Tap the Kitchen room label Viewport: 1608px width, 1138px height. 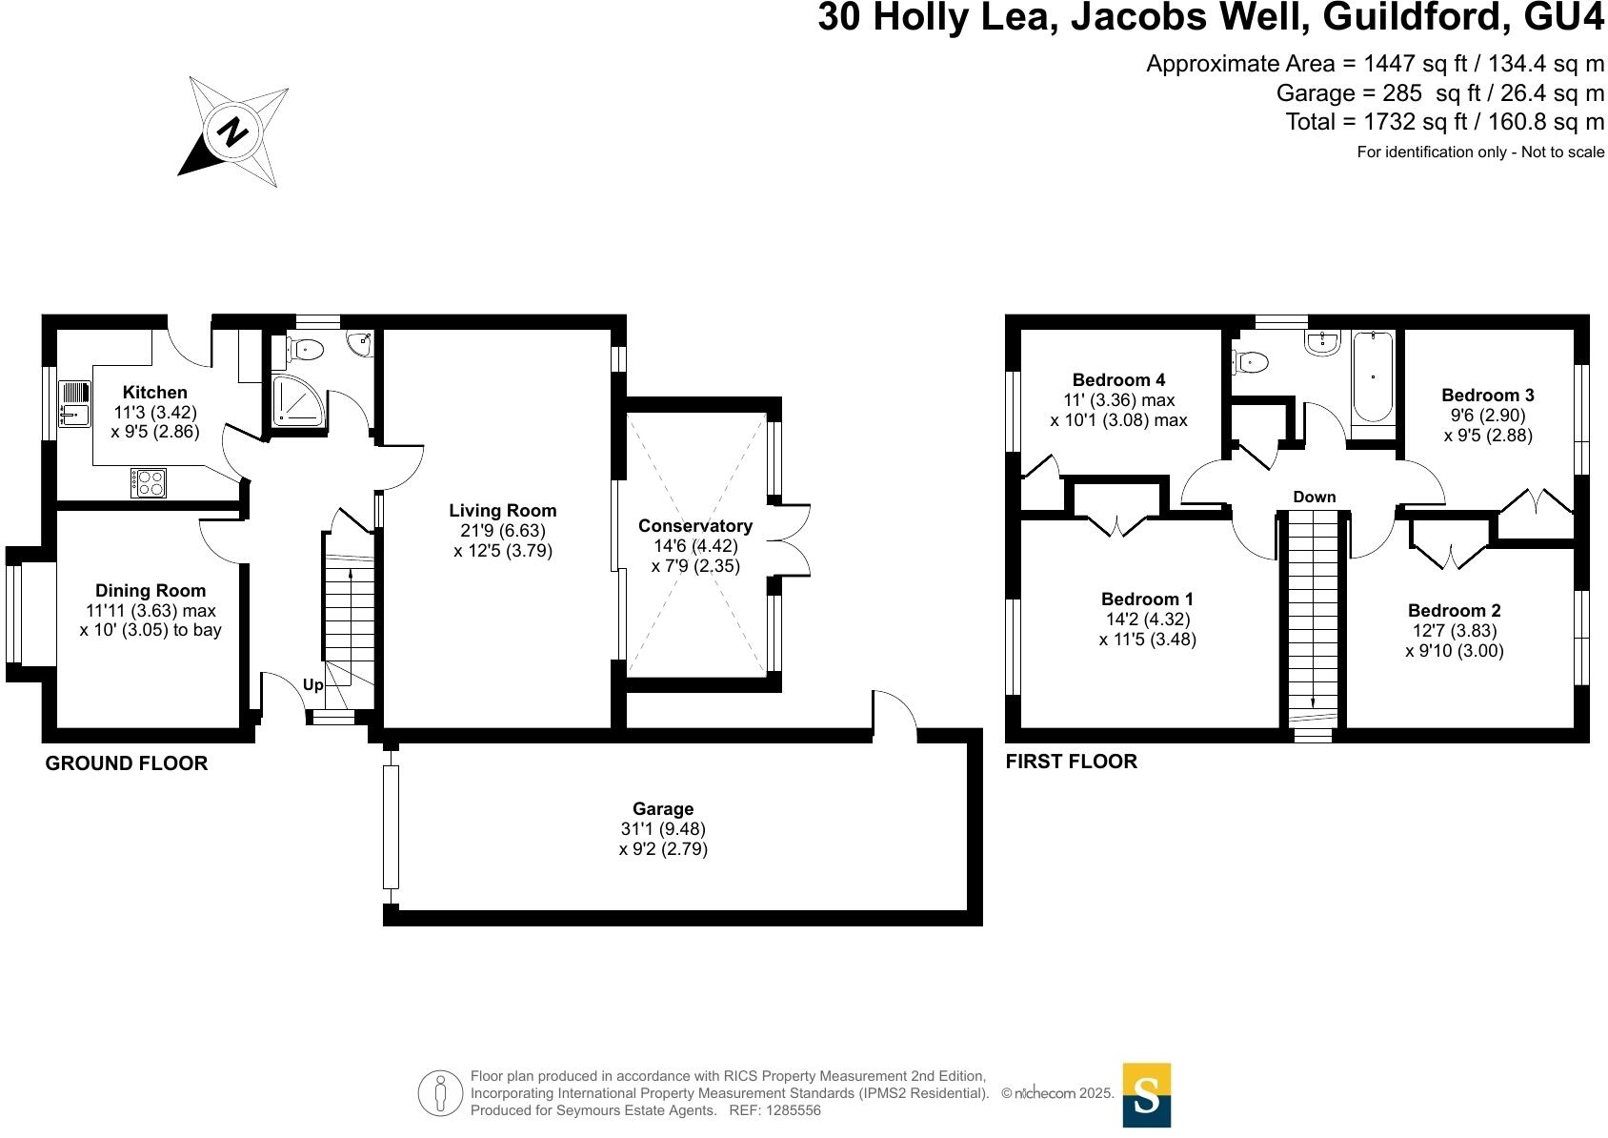(x=155, y=392)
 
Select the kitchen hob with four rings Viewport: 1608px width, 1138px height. (x=148, y=482)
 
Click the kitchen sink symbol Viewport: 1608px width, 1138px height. (x=73, y=403)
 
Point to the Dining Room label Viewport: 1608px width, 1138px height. (x=151, y=590)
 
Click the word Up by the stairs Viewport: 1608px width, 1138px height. (x=313, y=684)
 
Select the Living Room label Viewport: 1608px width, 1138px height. (x=503, y=511)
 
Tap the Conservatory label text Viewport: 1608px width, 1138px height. (x=695, y=525)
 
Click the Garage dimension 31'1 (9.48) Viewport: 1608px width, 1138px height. (x=663, y=828)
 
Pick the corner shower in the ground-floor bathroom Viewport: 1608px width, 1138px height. (x=296, y=400)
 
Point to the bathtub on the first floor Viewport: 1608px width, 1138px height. (x=1373, y=376)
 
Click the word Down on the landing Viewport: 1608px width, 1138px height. (x=1314, y=497)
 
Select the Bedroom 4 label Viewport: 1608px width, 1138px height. (x=1118, y=379)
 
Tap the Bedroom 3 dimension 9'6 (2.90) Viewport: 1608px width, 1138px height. (x=1486, y=415)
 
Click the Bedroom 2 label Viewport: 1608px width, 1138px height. (x=1454, y=610)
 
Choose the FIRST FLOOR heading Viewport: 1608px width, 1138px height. (x=1071, y=761)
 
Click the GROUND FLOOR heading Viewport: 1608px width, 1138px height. (x=127, y=762)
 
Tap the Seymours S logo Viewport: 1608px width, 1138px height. (x=1146, y=1094)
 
